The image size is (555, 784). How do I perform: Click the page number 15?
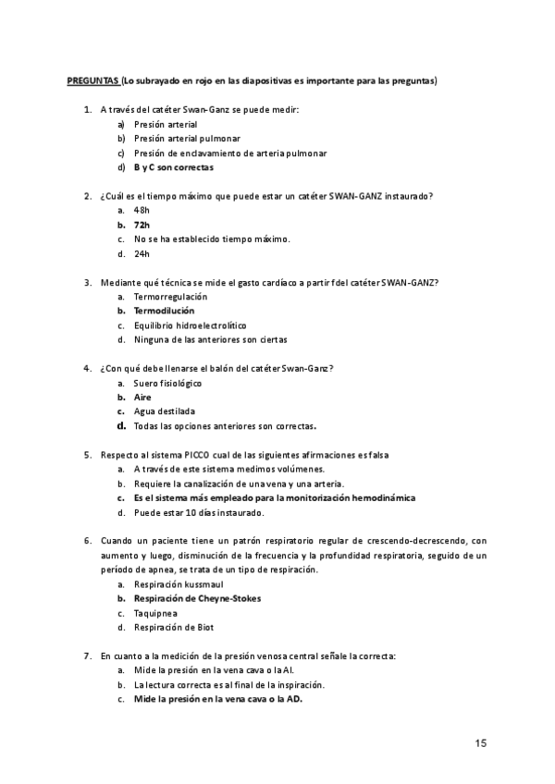tap(481, 743)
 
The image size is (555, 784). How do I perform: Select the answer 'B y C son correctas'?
tap(173, 167)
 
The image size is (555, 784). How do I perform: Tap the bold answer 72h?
tap(142, 225)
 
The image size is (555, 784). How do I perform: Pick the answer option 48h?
tap(142, 210)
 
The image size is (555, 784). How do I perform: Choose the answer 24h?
tap(142, 253)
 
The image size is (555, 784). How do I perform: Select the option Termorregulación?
tap(170, 297)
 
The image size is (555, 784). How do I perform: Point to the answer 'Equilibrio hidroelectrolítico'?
tap(190, 325)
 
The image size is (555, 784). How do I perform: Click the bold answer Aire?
tap(142, 397)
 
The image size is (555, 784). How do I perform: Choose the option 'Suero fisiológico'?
tap(167, 383)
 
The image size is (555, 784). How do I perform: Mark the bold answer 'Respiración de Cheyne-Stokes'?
tap(197, 598)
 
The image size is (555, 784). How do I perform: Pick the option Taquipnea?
tap(155, 613)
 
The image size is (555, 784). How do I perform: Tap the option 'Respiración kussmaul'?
tap(178, 584)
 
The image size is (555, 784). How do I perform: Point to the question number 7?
tap(87, 655)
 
